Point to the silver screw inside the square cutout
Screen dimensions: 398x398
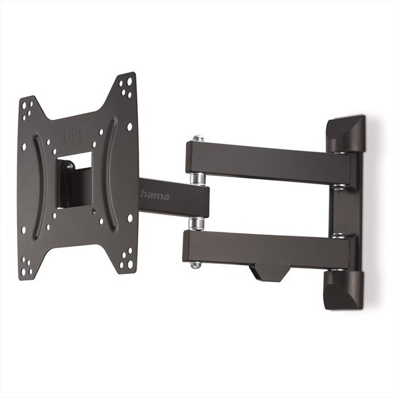pos(69,166)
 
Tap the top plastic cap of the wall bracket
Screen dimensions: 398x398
pos(345,133)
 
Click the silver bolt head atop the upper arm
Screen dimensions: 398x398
pos(198,138)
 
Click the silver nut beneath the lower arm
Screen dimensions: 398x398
pos(195,265)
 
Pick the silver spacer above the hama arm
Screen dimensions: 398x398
pos(198,178)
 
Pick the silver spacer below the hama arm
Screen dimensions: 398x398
pos(196,223)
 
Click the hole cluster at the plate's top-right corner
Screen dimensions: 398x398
pos(126,87)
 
